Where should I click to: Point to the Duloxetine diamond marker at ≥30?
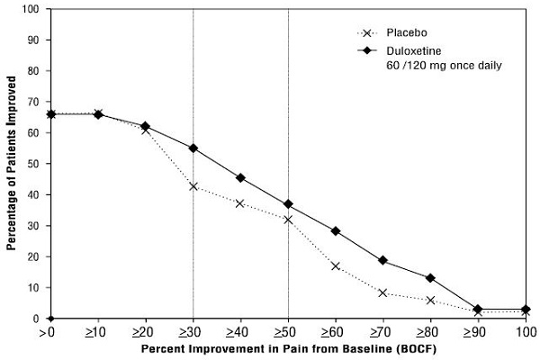[x=193, y=148]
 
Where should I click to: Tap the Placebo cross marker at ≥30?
[x=193, y=186]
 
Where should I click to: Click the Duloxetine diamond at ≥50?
[x=288, y=204]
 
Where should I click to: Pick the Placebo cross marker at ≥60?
[x=336, y=265]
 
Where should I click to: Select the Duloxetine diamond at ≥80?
[x=430, y=278]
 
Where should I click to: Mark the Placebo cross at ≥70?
[x=383, y=292]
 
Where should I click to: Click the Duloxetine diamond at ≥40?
[x=241, y=177]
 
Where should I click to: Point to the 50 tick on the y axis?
[x=35, y=164]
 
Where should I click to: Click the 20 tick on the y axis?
[x=35, y=256]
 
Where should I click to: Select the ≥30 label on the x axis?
[x=193, y=331]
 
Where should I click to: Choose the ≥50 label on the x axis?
[x=288, y=331]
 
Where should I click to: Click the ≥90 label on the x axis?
[x=478, y=331]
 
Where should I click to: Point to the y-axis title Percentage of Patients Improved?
[x=12, y=164]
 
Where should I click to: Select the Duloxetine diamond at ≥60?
[x=336, y=231]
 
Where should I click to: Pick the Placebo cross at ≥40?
[x=241, y=203]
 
